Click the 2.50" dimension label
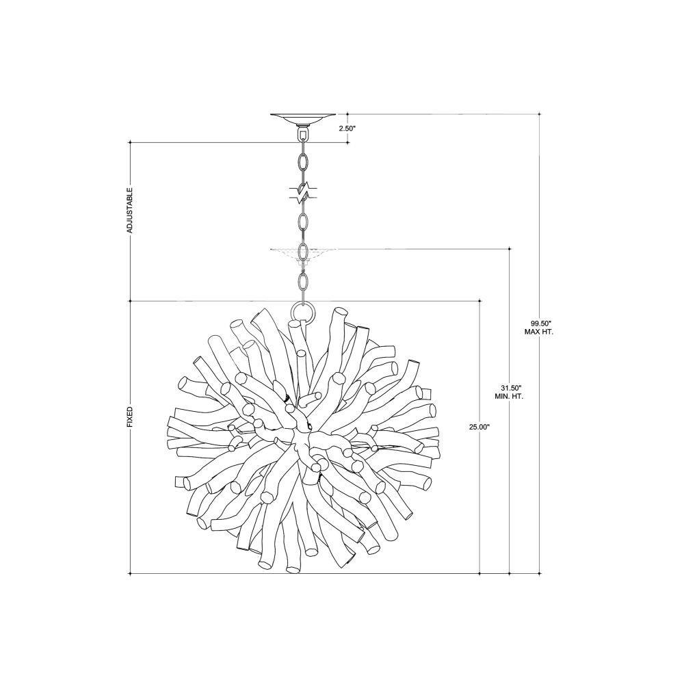click(347, 129)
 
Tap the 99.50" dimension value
click(539, 324)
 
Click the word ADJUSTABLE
click(129, 210)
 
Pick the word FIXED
click(129, 417)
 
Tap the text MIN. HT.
click(509, 396)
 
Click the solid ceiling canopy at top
click(303, 118)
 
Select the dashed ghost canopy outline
click(303, 254)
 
